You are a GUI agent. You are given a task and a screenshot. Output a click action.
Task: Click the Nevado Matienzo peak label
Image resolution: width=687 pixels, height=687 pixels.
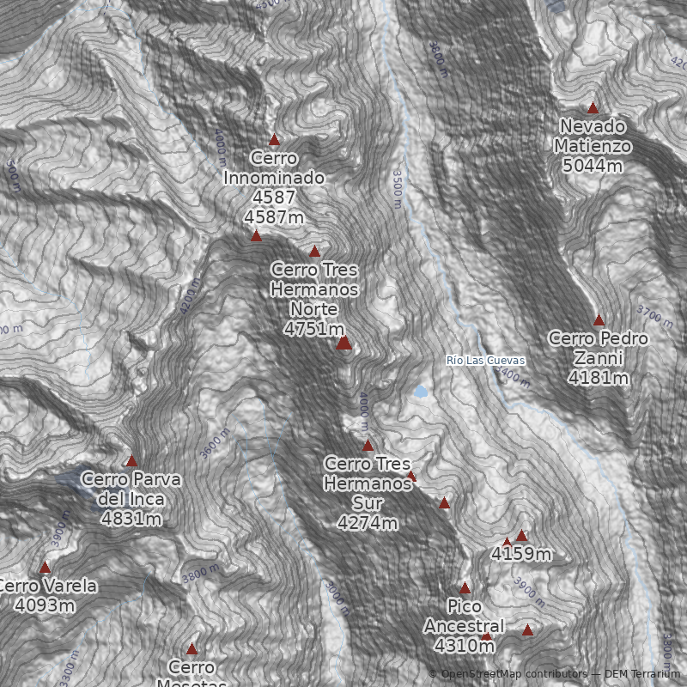coord(593,146)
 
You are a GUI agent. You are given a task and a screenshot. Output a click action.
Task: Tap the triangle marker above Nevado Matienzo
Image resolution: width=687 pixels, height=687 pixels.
coord(593,108)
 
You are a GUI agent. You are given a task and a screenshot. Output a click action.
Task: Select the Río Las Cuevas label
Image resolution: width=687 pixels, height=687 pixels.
coord(485,361)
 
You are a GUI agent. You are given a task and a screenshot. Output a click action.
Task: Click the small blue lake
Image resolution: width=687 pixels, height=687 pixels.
coord(420,392)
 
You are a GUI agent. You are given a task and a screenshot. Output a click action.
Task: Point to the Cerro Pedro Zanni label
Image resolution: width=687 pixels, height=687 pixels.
coord(599,357)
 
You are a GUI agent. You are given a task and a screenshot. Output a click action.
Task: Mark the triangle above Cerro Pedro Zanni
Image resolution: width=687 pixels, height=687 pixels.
coord(599,320)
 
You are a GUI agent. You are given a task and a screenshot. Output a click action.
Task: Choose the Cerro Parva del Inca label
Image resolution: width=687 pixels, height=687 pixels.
coord(131,498)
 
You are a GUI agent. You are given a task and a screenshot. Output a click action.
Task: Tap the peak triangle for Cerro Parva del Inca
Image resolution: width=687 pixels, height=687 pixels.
coord(131,461)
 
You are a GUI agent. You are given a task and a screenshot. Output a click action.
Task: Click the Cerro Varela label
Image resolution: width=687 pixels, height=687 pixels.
coord(46,595)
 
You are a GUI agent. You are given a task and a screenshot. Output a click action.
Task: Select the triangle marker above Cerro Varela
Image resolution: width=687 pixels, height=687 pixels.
coord(45,568)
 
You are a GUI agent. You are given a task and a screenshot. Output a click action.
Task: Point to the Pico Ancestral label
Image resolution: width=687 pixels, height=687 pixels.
coord(464,625)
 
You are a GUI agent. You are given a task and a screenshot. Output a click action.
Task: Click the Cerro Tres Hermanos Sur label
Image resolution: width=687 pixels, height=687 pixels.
coord(368,493)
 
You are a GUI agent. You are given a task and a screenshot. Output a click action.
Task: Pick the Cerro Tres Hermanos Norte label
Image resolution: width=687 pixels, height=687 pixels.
coord(314,299)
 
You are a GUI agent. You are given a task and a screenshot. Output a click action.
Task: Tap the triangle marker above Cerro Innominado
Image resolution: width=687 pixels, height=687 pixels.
coord(275,140)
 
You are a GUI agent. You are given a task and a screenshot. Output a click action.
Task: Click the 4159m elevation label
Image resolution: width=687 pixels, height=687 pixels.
coord(521,554)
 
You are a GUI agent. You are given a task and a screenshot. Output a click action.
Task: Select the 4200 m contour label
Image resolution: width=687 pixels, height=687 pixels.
coord(191,296)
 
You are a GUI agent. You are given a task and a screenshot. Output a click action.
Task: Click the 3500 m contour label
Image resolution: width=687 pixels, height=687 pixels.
coord(397,187)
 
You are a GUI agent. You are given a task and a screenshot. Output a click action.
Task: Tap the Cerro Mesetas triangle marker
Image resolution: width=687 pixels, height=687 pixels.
coord(192,649)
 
